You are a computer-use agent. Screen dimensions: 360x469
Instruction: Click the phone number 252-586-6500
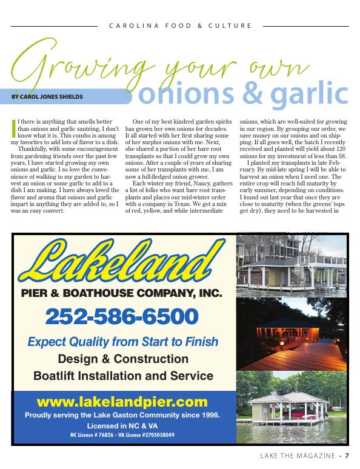pyautogui.click(x=122, y=316)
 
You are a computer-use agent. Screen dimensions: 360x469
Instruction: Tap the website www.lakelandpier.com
pyautogui.click(x=122, y=402)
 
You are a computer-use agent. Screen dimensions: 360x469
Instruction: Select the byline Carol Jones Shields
pyautogui.click(x=47, y=96)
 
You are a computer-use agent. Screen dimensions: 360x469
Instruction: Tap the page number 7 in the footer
pyautogui.click(x=355, y=456)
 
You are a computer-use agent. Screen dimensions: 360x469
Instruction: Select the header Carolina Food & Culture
pyautogui.click(x=179, y=26)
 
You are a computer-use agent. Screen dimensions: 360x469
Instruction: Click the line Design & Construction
pyautogui.click(x=123, y=359)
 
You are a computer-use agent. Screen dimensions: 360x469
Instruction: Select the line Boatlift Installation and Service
pyautogui.click(x=123, y=375)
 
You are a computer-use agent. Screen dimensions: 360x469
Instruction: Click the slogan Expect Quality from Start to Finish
pyautogui.click(x=123, y=342)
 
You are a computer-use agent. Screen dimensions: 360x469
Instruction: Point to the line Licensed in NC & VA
pyautogui.click(x=122, y=426)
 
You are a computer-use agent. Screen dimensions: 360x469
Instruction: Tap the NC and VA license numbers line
pyautogui.click(x=122, y=435)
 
